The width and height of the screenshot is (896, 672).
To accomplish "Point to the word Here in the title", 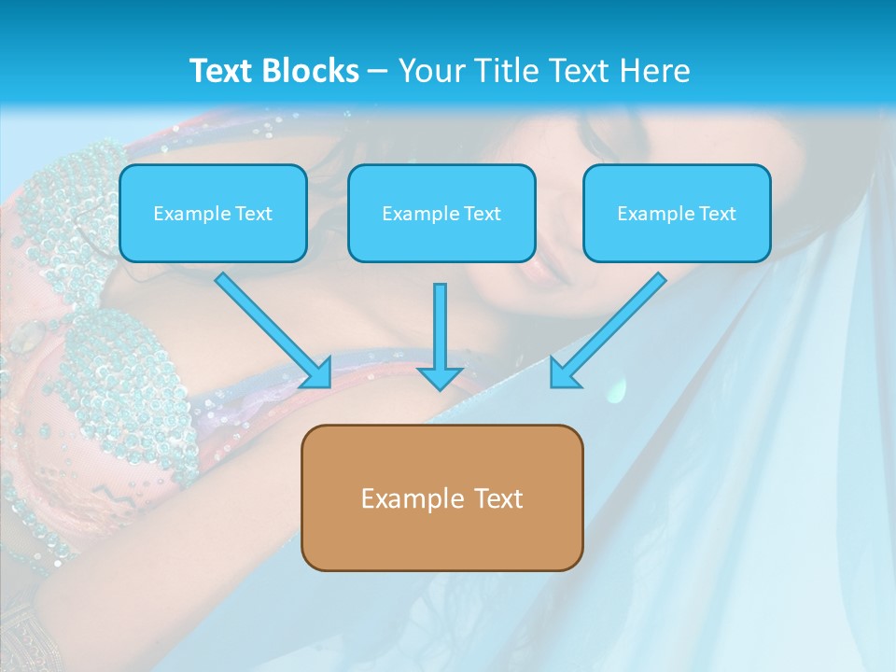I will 654,71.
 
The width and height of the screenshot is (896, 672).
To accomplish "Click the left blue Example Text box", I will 213,213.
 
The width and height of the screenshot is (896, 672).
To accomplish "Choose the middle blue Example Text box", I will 441,213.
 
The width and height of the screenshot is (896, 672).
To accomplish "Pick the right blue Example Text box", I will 677,213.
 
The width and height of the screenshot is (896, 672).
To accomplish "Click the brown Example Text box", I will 441,497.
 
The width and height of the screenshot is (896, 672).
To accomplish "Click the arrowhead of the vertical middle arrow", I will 440,377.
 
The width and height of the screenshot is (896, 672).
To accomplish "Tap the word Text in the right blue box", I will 717,214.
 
